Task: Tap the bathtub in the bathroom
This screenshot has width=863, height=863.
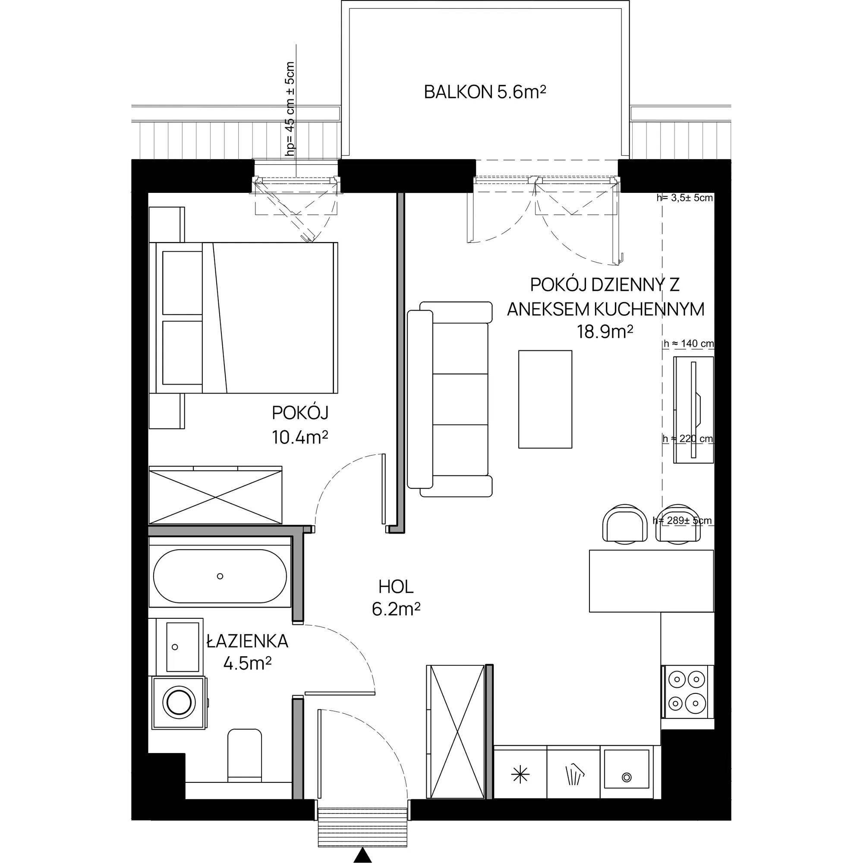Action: point(220,576)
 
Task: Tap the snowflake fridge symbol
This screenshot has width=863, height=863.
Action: point(520,775)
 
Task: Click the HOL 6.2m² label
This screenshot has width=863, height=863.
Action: point(396,598)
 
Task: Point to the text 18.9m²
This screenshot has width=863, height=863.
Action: point(605,331)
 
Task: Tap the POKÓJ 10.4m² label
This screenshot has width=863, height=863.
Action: point(300,425)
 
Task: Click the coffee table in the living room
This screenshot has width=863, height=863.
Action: point(545,399)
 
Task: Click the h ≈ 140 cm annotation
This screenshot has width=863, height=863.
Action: point(689,343)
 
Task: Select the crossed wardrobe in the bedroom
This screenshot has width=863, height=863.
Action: point(215,494)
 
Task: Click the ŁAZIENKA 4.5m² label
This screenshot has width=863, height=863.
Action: point(247,652)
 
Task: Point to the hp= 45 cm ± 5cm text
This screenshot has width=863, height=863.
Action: point(290,109)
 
